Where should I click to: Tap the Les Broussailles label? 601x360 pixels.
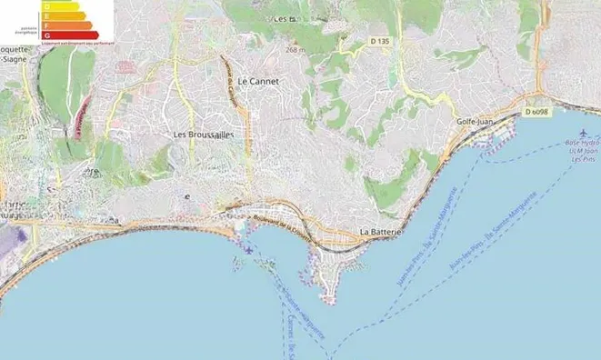[x=204, y=134]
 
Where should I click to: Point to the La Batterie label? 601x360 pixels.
[x=381, y=232]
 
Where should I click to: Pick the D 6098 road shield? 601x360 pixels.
[x=536, y=112]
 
